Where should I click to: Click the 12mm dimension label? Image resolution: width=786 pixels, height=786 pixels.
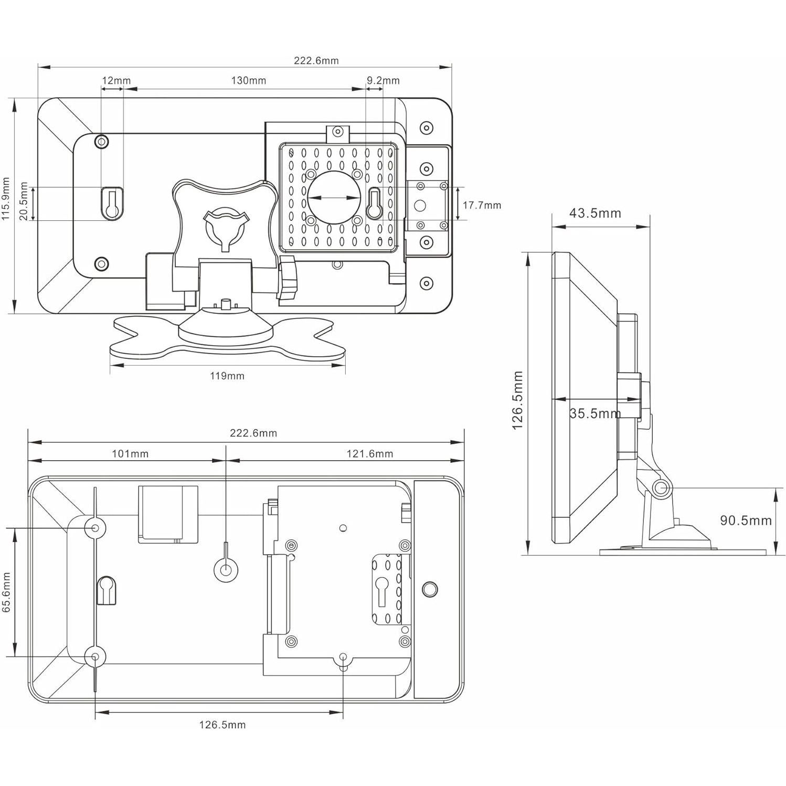(x=116, y=81)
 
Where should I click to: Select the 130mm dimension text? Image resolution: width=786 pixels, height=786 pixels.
(x=248, y=81)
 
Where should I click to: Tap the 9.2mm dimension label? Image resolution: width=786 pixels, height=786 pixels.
(x=383, y=81)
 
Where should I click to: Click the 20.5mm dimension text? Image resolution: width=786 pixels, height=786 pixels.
(x=24, y=201)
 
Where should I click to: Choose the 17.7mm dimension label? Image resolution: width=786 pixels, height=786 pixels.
(x=482, y=205)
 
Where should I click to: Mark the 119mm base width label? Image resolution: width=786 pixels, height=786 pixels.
(x=227, y=376)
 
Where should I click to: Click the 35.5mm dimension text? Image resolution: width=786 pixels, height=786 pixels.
(x=594, y=413)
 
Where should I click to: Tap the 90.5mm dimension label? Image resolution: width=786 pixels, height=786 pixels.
(x=746, y=520)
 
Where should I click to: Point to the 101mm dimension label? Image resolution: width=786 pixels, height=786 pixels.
(x=130, y=454)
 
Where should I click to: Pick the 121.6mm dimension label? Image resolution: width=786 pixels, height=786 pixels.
(x=369, y=454)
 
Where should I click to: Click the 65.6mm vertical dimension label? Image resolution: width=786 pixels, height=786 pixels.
(x=6, y=592)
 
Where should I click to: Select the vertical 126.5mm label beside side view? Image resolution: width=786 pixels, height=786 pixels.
(x=518, y=400)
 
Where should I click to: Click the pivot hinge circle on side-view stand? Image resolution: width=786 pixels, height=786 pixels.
(x=661, y=488)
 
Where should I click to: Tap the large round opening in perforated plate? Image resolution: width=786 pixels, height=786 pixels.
(x=334, y=197)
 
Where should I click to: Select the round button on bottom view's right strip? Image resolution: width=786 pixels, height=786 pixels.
(x=429, y=589)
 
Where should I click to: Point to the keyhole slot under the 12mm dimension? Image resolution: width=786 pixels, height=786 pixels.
(x=111, y=204)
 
